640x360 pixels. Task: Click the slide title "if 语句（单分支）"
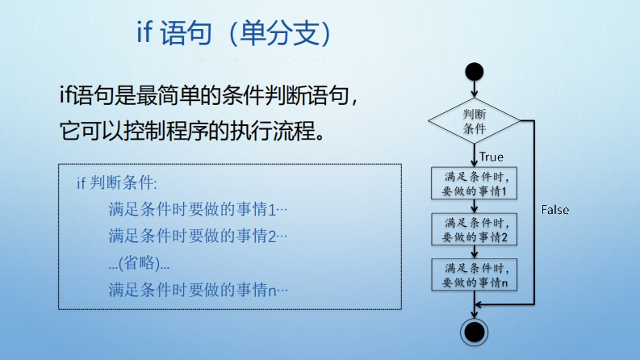pyautogui.click(x=234, y=32)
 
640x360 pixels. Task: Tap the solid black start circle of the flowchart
pyautogui.click(x=475, y=72)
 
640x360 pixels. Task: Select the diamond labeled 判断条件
pyautogui.click(x=475, y=121)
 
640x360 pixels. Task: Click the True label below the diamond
pyautogui.click(x=492, y=157)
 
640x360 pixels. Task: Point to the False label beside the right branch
pyautogui.click(x=554, y=210)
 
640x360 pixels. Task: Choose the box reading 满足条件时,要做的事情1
pyautogui.click(x=475, y=183)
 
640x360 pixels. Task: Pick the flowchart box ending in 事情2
pyautogui.click(x=475, y=229)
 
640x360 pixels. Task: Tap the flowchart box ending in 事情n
pyautogui.click(x=475, y=274)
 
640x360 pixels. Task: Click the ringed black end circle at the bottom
pyautogui.click(x=475, y=333)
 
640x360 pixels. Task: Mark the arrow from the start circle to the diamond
pyautogui.click(x=475, y=90)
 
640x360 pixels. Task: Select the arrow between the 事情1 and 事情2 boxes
pyautogui.click(x=475, y=206)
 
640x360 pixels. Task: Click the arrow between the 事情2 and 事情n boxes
pyautogui.click(x=475, y=252)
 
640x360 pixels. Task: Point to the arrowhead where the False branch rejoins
pyautogui.click(x=479, y=304)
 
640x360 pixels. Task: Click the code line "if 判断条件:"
pyautogui.click(x=117, y=183)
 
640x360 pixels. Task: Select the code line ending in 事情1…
pyautogui.click(x=198, y=209)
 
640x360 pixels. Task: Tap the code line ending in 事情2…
pyautogui.click(x=198, y=236)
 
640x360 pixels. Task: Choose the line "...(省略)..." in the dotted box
pyautogui.click(x=139, y=263)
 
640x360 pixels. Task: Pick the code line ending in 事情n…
pyautogui.click(x=199, y=291)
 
